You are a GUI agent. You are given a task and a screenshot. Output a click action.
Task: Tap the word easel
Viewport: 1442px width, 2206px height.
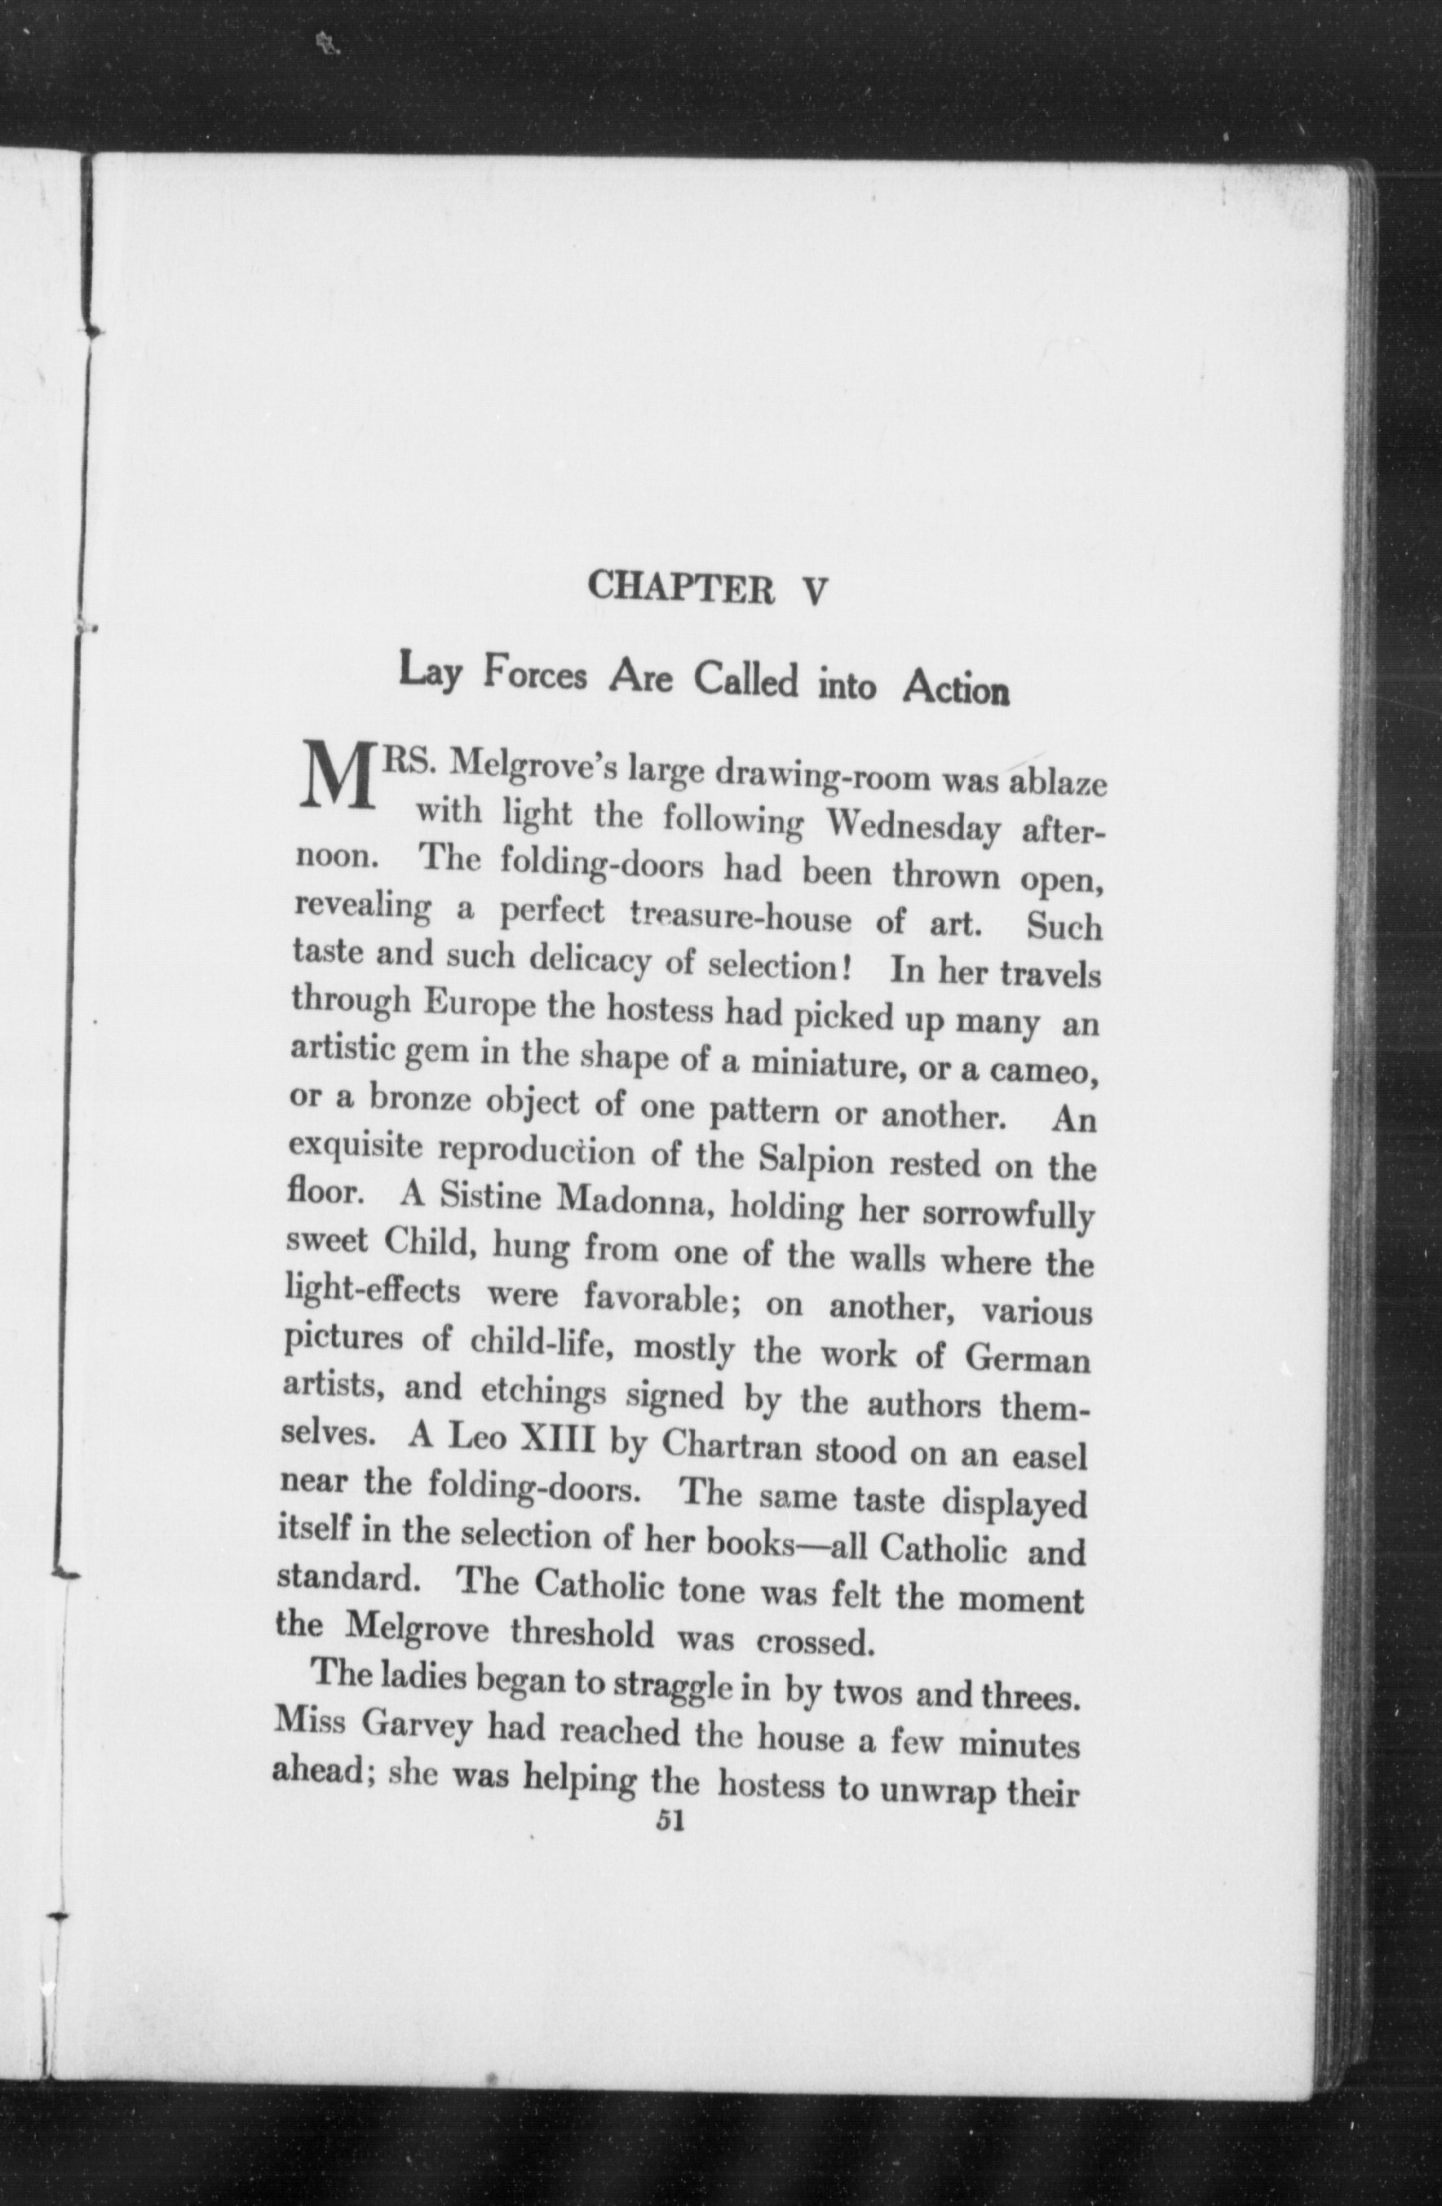click(1048, 1458)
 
